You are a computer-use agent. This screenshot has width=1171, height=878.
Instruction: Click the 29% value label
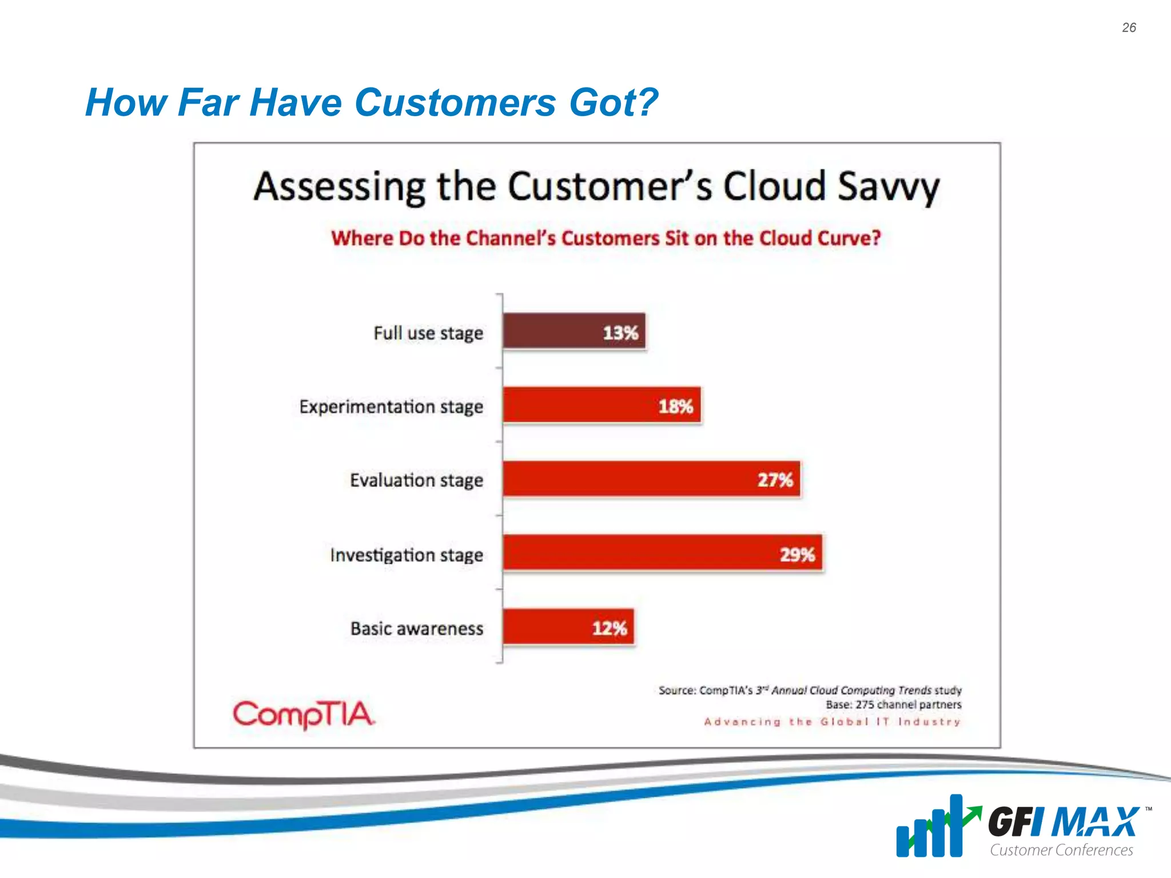click(x=797, y=554)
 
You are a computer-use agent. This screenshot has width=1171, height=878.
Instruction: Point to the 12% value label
click(x=609, y=628)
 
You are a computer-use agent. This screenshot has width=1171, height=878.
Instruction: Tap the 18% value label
click(x=675, y=406)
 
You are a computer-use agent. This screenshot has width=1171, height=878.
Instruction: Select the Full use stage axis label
click(x=428, y=333)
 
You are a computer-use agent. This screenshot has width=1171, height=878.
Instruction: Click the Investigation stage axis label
click(x=407, y=554)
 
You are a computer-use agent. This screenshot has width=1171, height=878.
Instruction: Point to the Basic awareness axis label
click(x=417, y=628)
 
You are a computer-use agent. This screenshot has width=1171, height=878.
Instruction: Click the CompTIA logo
click(x=304, y=715)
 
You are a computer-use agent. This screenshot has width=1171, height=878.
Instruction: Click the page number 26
click(x=1129, y=27)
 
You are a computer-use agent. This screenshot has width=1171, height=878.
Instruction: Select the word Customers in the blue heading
click(x=455, y=102)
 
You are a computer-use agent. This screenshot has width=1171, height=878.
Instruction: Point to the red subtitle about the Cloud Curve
click(x=606, y=238)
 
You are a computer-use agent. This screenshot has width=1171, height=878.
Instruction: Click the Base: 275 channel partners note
click(x=893, y=704)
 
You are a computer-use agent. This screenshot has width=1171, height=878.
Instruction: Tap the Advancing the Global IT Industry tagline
click(x=832, y=721)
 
